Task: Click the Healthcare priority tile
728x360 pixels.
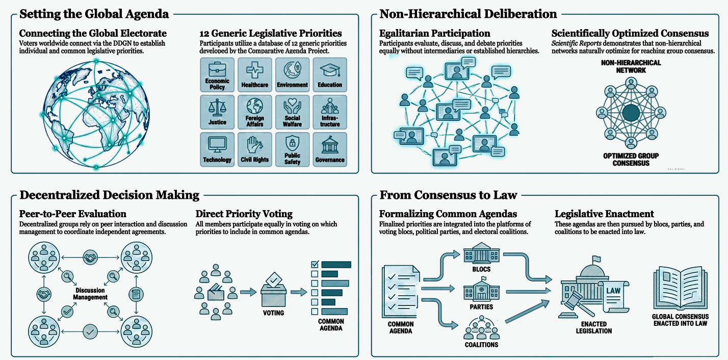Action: pyautogui.click(x=254, y=75)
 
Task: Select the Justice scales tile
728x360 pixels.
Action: pyautogui.click(x=217, y=112)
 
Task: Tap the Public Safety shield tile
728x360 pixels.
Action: pyautogui.click(x=292, y=149)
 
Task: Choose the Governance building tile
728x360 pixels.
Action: pyautogui.click(x=330, y=149)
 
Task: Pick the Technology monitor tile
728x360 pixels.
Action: pyautogui.click(x=217, y=149)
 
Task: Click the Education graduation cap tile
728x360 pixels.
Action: pyautogui.click(x=330, y=75)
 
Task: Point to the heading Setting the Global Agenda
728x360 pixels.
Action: pyautogui.click(x=94, y=14)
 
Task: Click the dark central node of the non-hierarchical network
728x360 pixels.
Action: pyautogui.click(x=631, y=113)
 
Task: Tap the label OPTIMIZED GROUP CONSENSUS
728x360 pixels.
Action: pyautogui.click(x=631, y=160)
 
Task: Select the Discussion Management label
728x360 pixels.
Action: pyautogui.click(x=90, y=294)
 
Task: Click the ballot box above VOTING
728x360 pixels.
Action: pyautogui.click(x=274, y=291)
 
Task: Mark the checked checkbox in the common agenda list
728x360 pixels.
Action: pyautogui.click(x=315, y=264)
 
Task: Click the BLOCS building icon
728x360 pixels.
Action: pyautogui.click(x=481, y=253)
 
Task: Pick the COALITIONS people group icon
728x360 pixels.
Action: pyautogui.click(x=481, y=328)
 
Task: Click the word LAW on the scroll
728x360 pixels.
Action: pyautogui.click(x=613, y=291)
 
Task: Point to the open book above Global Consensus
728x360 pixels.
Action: pyautogui.click(x=680, y=288)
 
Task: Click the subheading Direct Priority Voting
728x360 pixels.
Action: pyautogui.click(x=244, y=214)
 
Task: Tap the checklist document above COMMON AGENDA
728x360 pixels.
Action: pyautogui.click(x=401, y=291)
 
